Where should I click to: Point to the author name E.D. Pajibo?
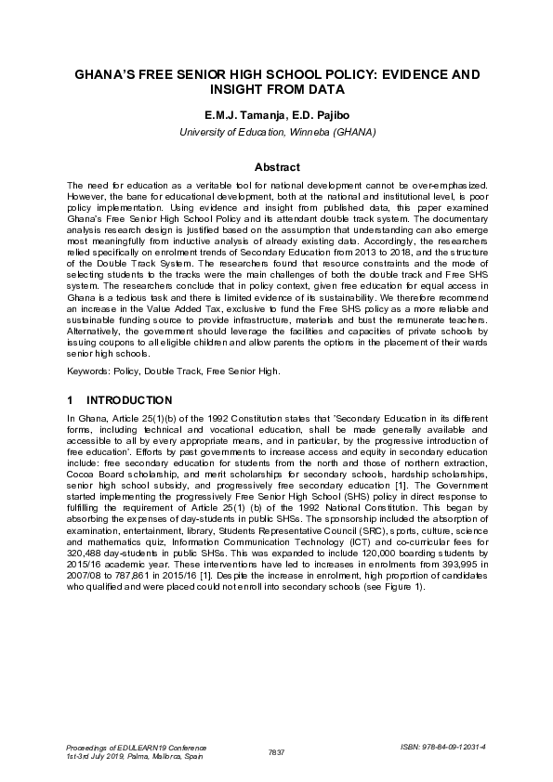318,117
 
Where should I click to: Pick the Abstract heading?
276,167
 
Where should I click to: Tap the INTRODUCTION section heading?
129,400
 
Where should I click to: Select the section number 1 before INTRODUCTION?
71,400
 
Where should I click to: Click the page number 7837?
276,750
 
